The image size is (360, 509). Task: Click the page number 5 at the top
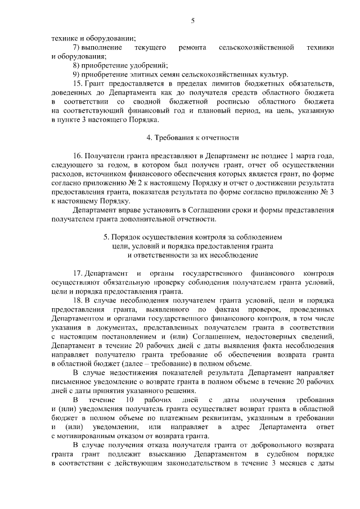click(x=192, y=21)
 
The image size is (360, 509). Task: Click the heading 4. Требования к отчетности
click(x=193, y=137)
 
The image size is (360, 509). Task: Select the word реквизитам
click(x=214, y=417)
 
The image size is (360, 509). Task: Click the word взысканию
click(x=165, y=454)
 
